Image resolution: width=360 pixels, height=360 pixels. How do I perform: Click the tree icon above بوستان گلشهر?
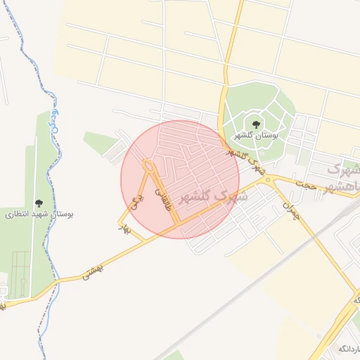coord(255,124)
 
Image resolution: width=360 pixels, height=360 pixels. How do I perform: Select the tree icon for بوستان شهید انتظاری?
coord(38,204)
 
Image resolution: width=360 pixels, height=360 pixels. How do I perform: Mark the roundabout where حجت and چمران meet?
coord(267,180)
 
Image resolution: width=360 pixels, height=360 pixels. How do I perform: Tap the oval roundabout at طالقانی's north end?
coord(148,167)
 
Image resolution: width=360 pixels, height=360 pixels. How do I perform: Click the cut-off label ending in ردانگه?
coord(349,349)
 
